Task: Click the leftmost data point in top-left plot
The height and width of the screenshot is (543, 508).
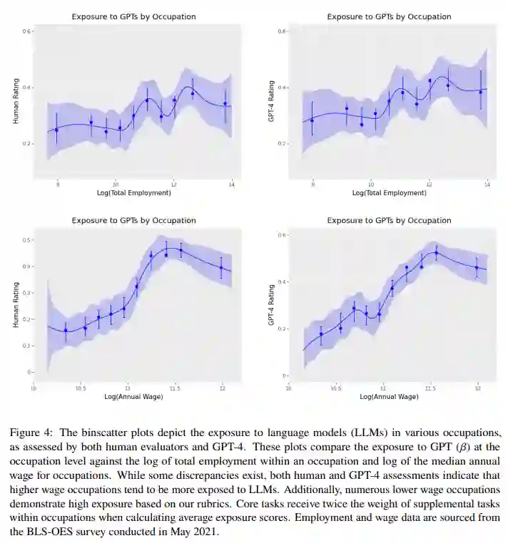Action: click(x=56, y=130)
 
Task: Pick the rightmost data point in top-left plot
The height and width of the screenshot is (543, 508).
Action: click(x=225, y=104)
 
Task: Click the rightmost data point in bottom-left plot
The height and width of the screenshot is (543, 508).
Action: click(x=221, y=268)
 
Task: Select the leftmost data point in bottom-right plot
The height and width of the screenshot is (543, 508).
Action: click(x=321, y=333)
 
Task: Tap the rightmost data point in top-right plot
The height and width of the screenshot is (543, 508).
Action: click(x=480, y=92)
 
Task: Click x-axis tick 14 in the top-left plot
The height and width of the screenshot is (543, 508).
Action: click(x=232, y=185)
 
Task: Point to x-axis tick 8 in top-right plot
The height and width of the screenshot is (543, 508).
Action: click(x=313, y=185)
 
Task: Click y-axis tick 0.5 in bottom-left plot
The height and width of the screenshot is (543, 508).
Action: click(x=27, y=240)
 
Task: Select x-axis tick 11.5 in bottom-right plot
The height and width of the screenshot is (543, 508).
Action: click(x=430, y=388)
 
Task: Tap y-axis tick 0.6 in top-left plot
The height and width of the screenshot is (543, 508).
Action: click(x=26, y=32)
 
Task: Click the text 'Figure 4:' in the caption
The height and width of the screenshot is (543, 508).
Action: click(x=29, y=434)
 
